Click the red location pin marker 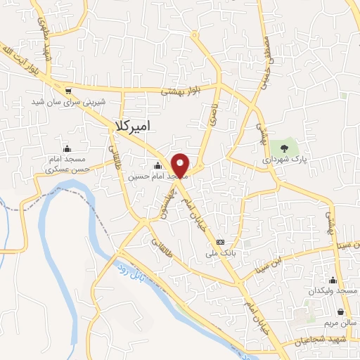181,165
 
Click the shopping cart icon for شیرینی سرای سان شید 67,90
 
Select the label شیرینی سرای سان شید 68,101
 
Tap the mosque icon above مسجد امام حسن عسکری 67,148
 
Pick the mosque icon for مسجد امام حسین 157,166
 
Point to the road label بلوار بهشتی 181,91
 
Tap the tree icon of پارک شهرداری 284,148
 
